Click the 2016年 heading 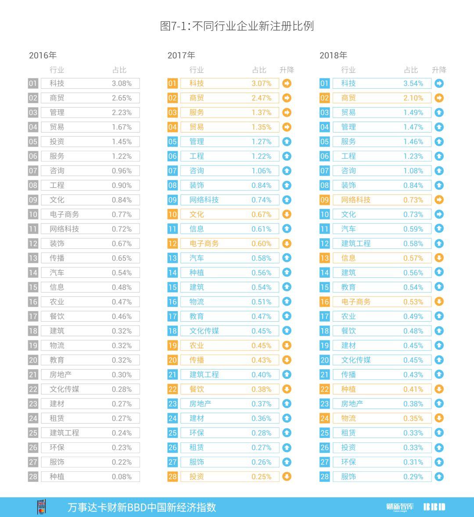pos(43,55)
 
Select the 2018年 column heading pos(333,55)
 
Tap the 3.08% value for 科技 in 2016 pos(122,83)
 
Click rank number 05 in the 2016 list pos(33,142)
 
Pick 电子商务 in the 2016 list pos(65,215)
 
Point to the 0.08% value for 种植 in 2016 pos(122,477)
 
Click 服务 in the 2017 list pos(197,112)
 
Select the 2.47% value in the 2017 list pos(262,98)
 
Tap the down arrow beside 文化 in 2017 pos(287,215)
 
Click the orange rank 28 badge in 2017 pos(172,477)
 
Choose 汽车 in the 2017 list pos(197,258)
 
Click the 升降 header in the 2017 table pos(287,70)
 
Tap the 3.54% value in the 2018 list pos(413,83)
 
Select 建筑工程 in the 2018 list pos(356,244)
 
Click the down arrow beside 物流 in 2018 pos(439,418)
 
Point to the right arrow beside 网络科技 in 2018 pos(439,200)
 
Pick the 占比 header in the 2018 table pos(411,70)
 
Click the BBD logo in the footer pos(434,507)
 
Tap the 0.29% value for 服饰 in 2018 pos(413,477)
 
